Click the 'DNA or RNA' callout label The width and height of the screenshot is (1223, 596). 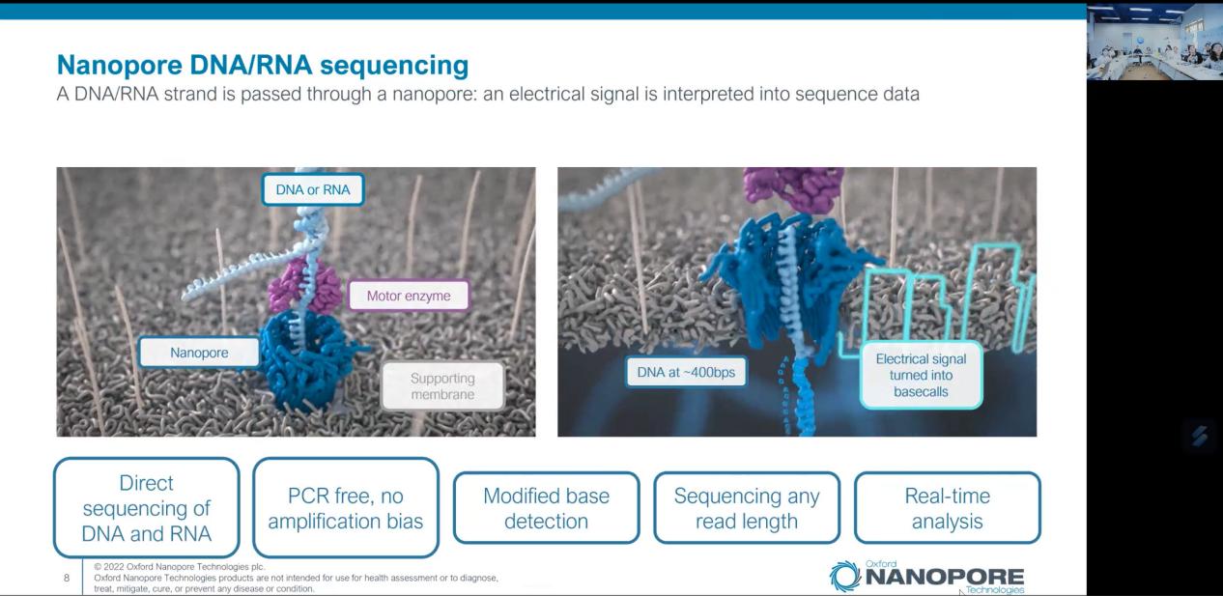(313, 189)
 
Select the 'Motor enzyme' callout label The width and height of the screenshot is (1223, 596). (409, 296)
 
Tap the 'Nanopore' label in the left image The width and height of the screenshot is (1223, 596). (199, 352)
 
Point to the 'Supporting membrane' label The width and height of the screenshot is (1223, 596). (442, 385)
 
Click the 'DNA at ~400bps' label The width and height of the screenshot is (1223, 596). (686, 372)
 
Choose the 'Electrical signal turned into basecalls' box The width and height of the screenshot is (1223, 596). (921, 375)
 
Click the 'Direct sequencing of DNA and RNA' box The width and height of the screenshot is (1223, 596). (146, 508)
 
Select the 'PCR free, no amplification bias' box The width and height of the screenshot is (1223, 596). (346, 508)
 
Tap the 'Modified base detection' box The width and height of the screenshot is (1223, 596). (546, 508)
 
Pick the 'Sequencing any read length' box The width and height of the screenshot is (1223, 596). (747, 508)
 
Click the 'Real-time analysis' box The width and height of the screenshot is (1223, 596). (948, 508)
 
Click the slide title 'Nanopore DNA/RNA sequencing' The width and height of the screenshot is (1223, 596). (263, 65)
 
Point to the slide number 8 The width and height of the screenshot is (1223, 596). (67, 578)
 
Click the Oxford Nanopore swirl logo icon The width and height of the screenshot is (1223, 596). (844, 577)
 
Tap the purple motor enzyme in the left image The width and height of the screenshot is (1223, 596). (304, 287)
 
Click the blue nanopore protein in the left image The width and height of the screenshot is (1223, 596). (303, 359)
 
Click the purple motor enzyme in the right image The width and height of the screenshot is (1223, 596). (794, 188)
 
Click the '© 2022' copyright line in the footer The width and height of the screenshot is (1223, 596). (179, 566)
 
